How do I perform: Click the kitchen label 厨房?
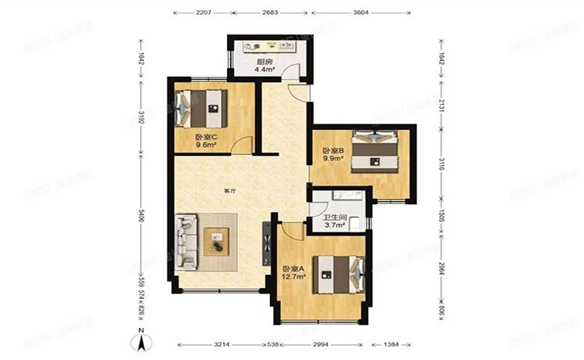(264, 62)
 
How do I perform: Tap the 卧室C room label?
(206, 137)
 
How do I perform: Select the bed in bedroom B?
(377, 151)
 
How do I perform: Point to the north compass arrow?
(141, 341)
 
